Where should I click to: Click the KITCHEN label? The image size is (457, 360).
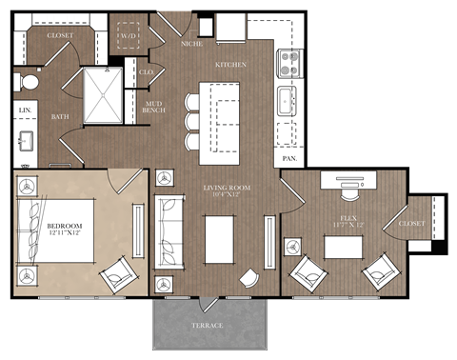230,65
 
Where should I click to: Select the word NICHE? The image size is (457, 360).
192,43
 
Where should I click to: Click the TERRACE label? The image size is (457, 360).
208,326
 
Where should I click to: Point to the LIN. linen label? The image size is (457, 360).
24,111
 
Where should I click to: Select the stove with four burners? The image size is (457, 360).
288,63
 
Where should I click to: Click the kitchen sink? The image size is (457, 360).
287,99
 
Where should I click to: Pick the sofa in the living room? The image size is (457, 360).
169,230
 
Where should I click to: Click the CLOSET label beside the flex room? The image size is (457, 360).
412,224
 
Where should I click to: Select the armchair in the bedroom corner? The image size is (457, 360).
119,274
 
